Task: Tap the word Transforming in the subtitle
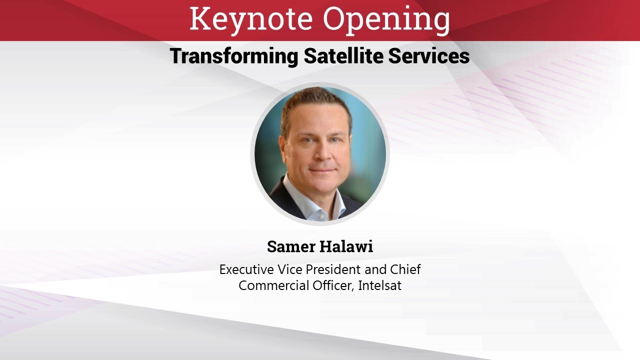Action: (233, 56)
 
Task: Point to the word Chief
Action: (405, 269)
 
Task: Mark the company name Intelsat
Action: (380, 286)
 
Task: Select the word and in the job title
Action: (375, 269)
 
